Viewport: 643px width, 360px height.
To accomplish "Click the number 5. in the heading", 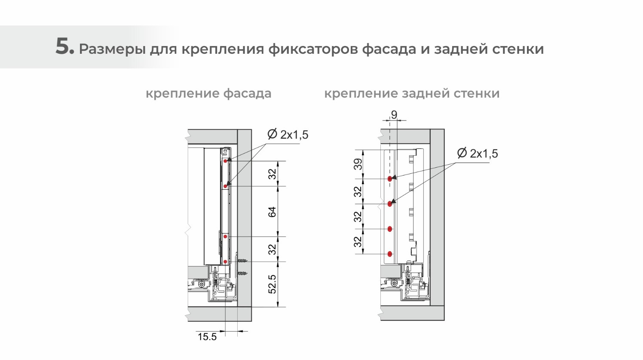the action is coord(65,46).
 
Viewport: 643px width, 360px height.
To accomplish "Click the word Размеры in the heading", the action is coord(112,49).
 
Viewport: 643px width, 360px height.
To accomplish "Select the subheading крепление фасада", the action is coord(208,94).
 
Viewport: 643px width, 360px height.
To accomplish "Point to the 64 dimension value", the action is coord(272,212).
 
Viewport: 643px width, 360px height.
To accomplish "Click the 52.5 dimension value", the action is coord(272,284).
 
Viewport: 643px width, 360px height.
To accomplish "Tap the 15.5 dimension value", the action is coord(207,337).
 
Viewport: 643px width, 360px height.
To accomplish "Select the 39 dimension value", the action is coord(358,164).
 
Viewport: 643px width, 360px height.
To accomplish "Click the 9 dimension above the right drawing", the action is coord(394,115).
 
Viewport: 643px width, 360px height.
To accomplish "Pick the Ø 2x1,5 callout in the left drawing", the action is coord(288,135).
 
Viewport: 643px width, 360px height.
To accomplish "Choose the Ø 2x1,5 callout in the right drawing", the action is coord(478,154).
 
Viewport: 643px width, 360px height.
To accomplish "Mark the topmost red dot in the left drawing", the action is coord(226,161).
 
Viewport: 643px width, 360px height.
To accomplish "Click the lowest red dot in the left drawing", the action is coord(225,262).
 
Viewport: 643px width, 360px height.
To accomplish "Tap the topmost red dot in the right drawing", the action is coord(390,179).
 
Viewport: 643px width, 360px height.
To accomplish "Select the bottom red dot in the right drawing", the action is coord(390,254).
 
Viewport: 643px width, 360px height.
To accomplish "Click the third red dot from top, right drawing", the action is coord(390,229).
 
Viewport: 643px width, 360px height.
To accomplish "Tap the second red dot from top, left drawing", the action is coord(226,187).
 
